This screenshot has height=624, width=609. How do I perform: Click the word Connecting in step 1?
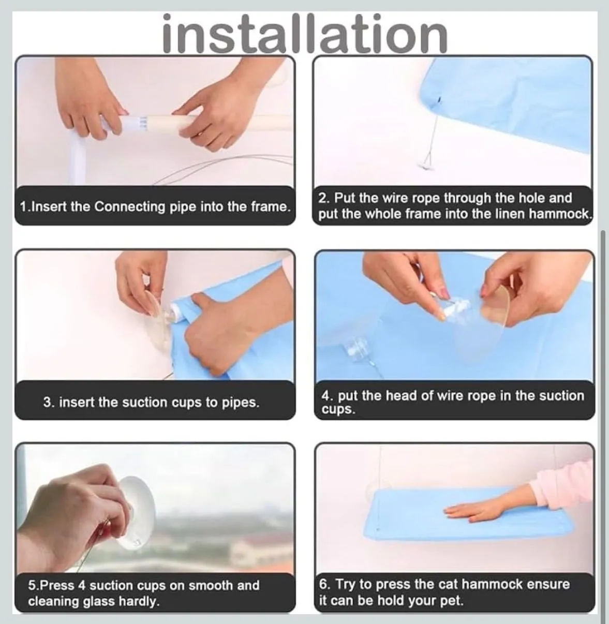pyautogui.click(x=129, y=207)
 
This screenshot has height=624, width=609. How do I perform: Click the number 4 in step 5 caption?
pyautogui.click(x=82, y=586)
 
